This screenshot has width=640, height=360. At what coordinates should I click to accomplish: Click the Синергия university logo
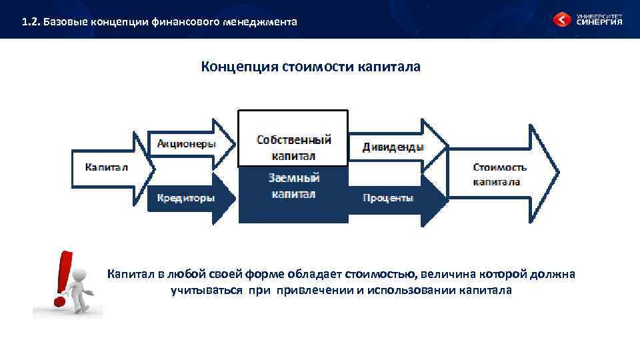click(x=590, y=19)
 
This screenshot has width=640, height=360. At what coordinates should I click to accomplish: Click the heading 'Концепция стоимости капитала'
click(x=311, y=67)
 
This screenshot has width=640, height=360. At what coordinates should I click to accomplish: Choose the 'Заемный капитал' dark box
click(x=293, y=186)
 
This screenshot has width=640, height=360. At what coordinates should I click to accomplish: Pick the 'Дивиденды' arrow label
click(x=393, y=147)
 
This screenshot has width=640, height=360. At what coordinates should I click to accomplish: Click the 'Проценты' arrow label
click(x=388, y=198)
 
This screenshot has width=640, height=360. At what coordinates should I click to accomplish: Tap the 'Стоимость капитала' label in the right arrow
click(x=500, y=174)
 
